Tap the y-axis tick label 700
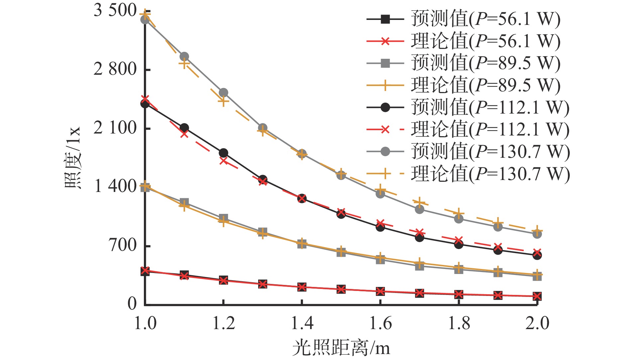click(123, 245)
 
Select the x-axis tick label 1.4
click(302, 323)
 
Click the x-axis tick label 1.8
click(459, 323)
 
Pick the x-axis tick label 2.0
click(537, 323)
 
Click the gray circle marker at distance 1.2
click(223, 93)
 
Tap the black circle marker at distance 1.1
click(184, 128)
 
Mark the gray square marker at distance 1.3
click(262, 232)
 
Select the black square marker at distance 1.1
click(184, 275)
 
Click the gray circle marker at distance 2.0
click(537, 234)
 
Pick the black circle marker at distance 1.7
click(419, 237)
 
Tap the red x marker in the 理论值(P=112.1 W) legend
click(385, 130)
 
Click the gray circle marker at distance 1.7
click(419, 209)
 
